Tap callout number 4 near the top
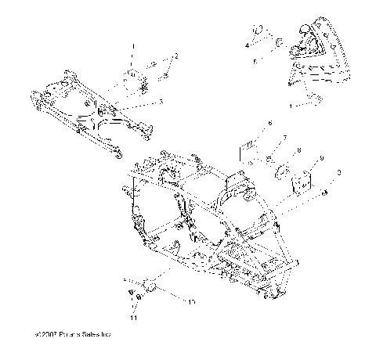[x=247, y=46]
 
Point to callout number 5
[x=254, y=59]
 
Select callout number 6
[x=269, y=123]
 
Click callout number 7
[x=285, y=137]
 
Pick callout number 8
[x=298, y=150]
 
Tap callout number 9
[x=323, y=159]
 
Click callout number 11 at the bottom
[x=133, y=319]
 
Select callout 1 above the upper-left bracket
[x=133, y=46]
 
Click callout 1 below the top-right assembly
[x=292, y=103]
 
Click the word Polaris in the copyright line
[x=74, y=335]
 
